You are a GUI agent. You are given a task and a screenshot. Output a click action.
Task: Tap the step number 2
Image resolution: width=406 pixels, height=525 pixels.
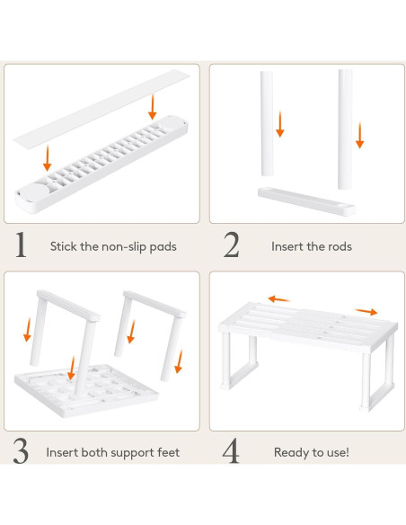(232, 245)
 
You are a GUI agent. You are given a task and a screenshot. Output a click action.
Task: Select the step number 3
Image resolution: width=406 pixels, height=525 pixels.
(20, 451)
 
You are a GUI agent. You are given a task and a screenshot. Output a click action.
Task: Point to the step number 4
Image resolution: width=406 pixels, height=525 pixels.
(232, 451)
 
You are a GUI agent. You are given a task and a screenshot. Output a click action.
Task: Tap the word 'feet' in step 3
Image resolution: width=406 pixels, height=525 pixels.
(165, 452)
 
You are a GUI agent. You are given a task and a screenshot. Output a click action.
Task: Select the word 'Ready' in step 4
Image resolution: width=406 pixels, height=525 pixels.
(293, 452)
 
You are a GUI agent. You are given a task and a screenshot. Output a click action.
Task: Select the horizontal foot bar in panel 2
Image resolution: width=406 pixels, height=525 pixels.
(305, 200)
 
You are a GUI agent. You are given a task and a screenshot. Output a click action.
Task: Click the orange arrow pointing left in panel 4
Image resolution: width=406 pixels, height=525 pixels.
(278, 298)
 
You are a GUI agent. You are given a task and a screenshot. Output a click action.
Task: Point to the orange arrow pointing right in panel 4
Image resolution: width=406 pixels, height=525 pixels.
(366, 311)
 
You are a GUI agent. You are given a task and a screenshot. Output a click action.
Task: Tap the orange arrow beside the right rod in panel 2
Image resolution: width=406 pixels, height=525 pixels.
(359, 135)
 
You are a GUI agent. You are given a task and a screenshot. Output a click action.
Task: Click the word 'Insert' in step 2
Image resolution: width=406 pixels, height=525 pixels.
(287, 245)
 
